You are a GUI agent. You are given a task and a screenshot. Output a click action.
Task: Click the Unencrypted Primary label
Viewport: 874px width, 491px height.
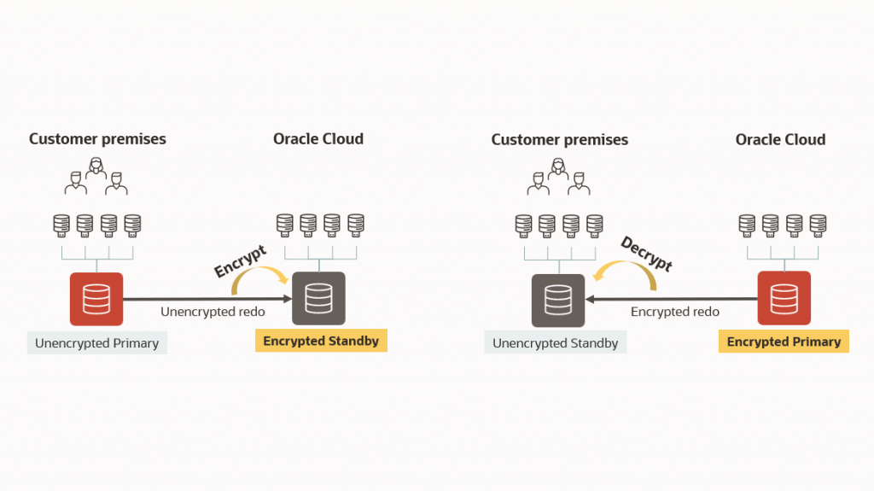click(96, 343)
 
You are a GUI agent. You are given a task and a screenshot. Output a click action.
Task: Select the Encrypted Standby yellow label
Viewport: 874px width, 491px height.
click(320, 341)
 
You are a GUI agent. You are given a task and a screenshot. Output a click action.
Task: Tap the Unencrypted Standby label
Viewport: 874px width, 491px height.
click(555, 343)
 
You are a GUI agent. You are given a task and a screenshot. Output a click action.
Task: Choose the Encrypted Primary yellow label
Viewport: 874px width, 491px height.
click(784, 342)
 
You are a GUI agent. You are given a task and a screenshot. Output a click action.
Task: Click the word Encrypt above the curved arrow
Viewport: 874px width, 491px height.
click(240, 260)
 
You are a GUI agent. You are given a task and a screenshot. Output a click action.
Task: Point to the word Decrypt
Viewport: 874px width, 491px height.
click(646, 254)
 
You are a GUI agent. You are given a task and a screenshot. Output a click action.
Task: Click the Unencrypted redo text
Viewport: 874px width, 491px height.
click(213, 312)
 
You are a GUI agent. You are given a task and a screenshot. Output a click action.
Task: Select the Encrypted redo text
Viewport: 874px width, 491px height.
click(674, 312)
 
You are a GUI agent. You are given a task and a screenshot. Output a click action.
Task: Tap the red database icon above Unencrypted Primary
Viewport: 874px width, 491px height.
click(96, 299)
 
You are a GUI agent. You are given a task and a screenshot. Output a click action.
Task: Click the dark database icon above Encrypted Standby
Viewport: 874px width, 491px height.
click(318, 299)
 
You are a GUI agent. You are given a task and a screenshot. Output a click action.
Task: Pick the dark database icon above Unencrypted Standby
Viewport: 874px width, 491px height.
click(558, 300)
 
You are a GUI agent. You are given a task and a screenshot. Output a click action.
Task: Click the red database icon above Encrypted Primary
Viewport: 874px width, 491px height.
click(784, 299)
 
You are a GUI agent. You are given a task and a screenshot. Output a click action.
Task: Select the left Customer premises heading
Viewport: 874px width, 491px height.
click(97, 139)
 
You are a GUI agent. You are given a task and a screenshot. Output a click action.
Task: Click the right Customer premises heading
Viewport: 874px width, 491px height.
click(559, 139)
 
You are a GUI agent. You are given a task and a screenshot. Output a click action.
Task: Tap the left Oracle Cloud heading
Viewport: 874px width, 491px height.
click(318, 139)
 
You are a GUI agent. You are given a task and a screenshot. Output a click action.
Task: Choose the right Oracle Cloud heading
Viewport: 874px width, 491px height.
click(780, 139)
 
